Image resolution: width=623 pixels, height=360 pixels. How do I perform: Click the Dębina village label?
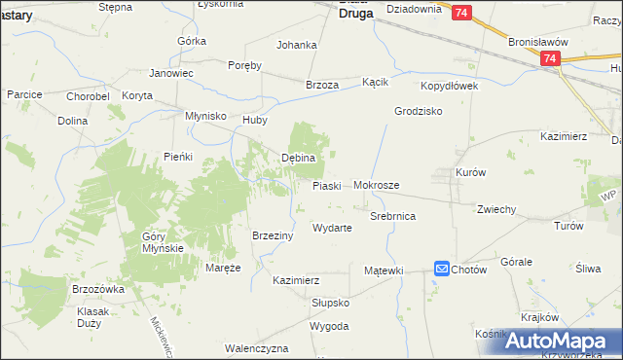(299, 158)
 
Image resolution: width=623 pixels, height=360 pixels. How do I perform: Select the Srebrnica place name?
(393, 216)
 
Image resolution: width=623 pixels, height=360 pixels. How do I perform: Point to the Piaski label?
(326, 185)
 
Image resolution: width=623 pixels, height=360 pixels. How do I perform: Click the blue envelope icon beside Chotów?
(442, 269)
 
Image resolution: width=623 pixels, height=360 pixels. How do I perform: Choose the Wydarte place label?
(332, 228)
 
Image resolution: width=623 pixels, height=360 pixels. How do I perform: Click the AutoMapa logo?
(560, 342)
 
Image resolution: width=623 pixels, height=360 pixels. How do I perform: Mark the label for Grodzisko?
(419, 111)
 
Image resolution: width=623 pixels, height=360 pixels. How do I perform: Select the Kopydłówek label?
(450, 87)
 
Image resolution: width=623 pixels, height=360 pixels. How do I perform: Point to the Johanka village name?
(297, 45)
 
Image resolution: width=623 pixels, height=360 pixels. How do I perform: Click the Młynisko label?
(206, 116)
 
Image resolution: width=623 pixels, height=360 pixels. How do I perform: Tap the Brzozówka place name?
(99, 289)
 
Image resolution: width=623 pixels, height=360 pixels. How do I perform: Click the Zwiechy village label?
(495, 209)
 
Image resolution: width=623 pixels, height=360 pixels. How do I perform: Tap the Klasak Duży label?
(92, 317)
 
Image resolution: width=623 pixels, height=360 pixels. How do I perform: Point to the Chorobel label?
(87, 95)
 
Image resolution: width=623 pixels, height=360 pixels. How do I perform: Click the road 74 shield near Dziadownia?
(461, 12)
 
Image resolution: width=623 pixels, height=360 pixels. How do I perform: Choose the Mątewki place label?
(384, 270)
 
